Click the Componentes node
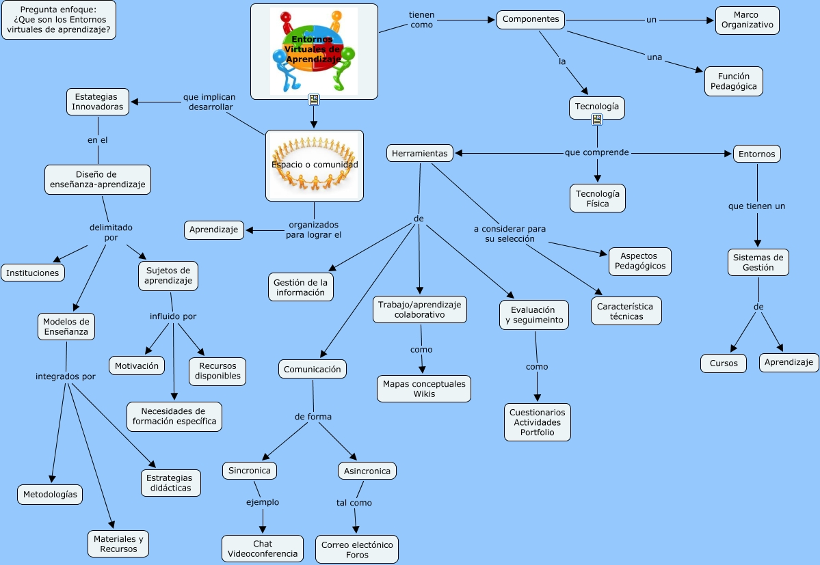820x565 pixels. pyautogui.click(x=531, y=19)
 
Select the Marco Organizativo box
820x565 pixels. pyautogui.click(x=747, y=20)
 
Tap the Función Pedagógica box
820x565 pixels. pyautogui.click(x=733, y=81)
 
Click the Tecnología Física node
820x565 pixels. pyautogui.click(x=597, y=198)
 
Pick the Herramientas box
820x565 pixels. pyautogui.click(x=420, y=153)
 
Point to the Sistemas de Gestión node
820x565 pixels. pyautogui.click(x=758, y=262)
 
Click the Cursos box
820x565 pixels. pyautogui.click(x=723, y=363)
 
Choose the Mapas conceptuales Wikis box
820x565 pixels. pyautogui.click(x=424, y=388)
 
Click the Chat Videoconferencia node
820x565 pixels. pyautogui.click(x=263, y=549)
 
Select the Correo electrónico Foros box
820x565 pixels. pyautogui.click(x=357, y=549)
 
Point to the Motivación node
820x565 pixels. pyautogui.click(x=137, y=366)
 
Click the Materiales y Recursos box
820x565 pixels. pyautogui.click(x=118, y=544)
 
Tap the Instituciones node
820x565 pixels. pyautogui.click(x=33, y=273)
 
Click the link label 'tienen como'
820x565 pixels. pyautogui.click(x=421, y=20)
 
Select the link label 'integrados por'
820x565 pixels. pyautogui.click(x=66, y=376)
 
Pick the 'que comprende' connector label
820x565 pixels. pyautogui.click(x=596, y=152)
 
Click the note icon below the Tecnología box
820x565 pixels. pyautogui.click(x=597, y=120)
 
